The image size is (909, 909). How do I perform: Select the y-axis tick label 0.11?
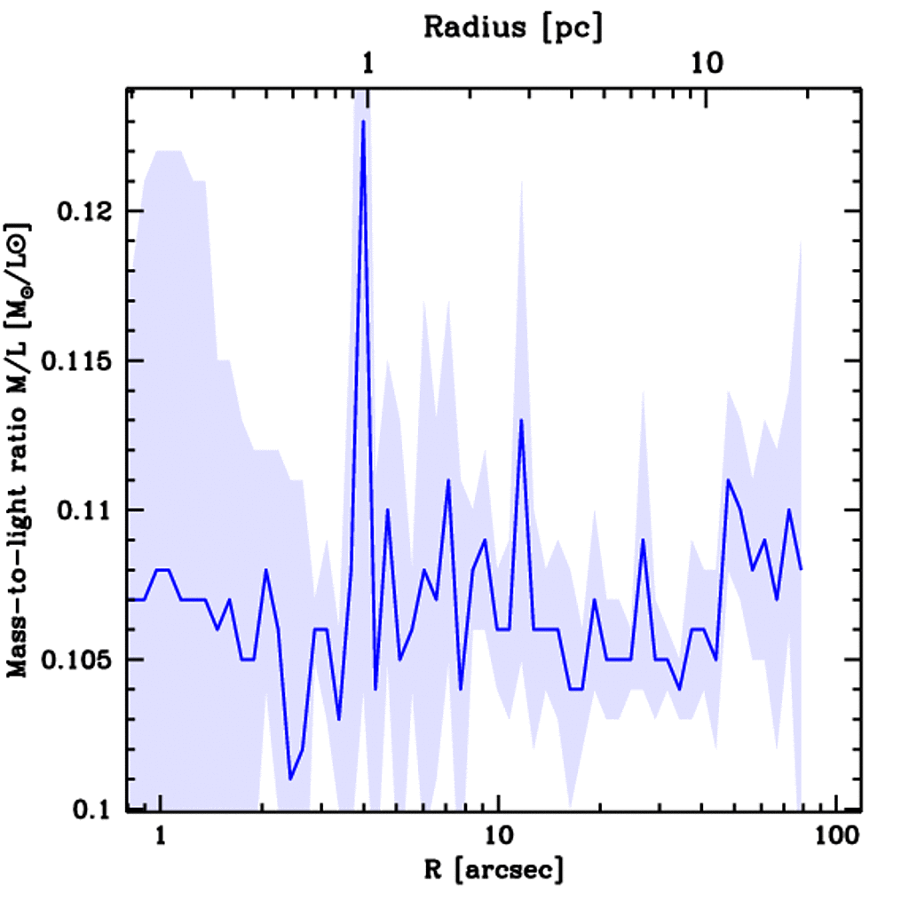coord(87,510)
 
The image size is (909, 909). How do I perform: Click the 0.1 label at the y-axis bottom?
coord(93,810)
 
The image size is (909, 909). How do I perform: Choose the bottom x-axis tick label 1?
coord(161,838)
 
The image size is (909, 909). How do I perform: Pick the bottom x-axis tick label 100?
coord(834,838)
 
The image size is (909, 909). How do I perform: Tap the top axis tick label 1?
coord(368,64)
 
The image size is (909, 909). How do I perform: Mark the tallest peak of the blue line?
coord(363,122)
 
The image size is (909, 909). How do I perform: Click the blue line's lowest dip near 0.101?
coord(290,779)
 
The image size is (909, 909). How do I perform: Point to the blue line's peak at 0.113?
coord(521,420)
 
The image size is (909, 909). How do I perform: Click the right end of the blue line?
coord(802,569)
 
